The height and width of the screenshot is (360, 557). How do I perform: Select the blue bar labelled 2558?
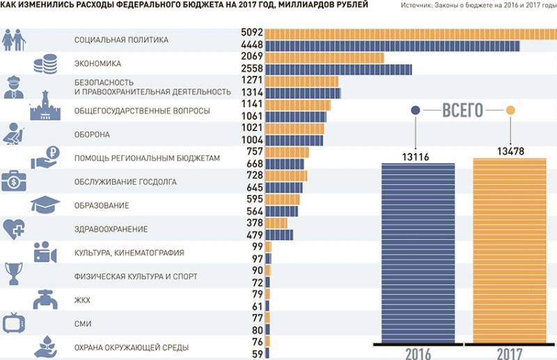pyautogui.click(x=338, y=70)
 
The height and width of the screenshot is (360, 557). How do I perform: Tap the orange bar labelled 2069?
pyautogui.click(x=324, y=57)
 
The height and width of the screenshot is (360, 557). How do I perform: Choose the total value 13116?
pyautogui.click(x=415, y=157)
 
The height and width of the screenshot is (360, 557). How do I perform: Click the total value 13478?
pyautogui.click(x=510, y=152)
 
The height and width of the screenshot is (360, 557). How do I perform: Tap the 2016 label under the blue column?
pyautogui.click(x=418, y=353)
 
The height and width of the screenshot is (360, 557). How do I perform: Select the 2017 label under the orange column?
pyautogui.click(x=510, y=353)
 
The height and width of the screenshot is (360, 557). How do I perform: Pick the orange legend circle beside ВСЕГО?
pyautogui.click(x=510, y=110)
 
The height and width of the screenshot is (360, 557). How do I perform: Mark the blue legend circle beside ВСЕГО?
pyautogui.click(x=416, y=110)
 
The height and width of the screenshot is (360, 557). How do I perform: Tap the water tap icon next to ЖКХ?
pyautogui.click(x=45, y=299)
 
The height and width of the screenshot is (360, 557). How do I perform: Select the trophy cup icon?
pyautogui.click(x=14, y=274)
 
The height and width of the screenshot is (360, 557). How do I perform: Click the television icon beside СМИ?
pyautogui.click(x=15, y=323)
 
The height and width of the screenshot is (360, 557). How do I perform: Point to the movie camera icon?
pyautogui.click(x=45, y=252)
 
